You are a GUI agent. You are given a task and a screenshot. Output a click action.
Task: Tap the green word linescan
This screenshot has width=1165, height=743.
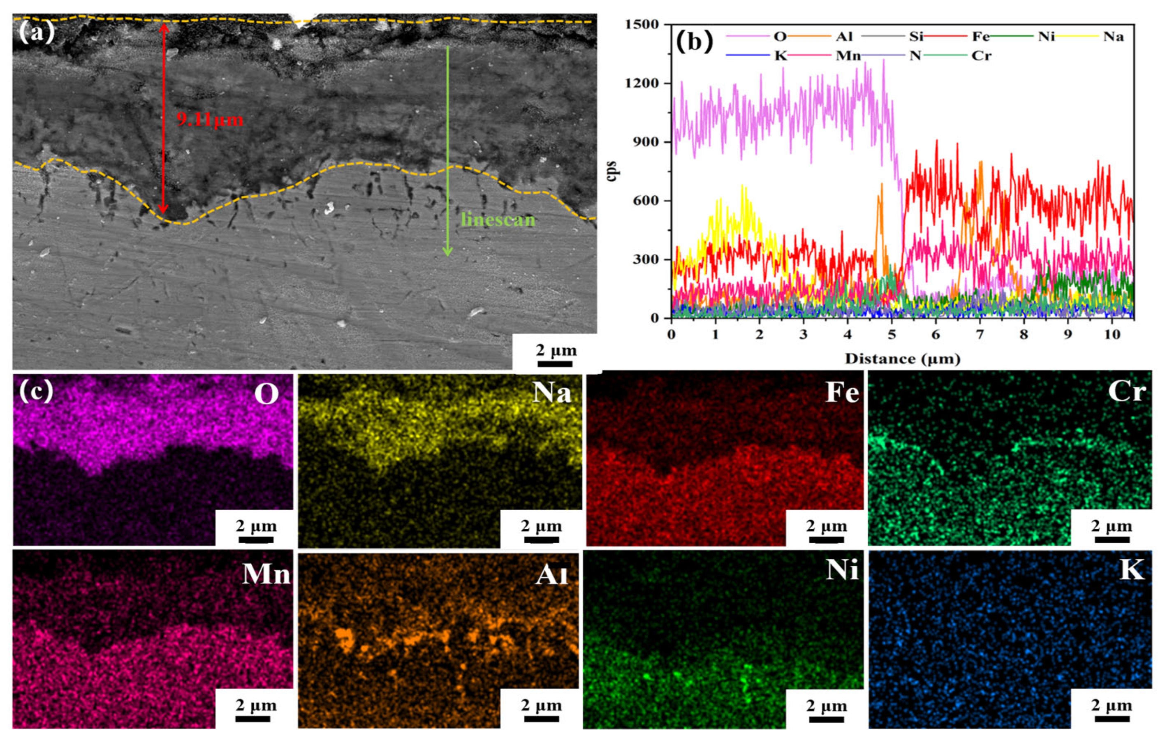tap(498, 220)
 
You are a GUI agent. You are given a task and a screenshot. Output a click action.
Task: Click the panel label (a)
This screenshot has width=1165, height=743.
tap(36, 33)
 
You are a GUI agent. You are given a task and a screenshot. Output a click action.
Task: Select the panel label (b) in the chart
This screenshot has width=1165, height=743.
tap(694, 42)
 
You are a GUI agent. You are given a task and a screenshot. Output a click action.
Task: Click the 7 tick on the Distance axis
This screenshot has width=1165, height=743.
tap(980, 335)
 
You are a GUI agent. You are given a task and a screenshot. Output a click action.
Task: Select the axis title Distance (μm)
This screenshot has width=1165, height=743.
tap(902, 359)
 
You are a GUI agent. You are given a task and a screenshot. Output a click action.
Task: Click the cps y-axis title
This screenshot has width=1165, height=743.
tap(611, 171)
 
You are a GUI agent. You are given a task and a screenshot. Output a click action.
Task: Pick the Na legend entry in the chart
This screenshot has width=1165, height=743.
tap(1113, 37)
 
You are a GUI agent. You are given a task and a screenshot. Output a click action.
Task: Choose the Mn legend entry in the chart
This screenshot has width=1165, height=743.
tap(848, 56)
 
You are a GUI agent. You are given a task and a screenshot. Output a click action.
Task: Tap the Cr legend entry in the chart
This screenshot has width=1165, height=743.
tap(981, 56)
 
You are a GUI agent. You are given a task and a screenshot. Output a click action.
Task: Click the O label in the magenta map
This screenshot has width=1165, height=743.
tap(266, 395)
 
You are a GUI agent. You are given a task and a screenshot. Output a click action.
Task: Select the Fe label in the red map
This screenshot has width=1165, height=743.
tap(842, 393)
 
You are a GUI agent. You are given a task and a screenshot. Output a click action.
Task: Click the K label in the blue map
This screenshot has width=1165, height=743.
tap(1132, 571)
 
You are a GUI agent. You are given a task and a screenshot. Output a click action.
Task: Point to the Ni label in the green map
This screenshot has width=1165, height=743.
tap(842, 571)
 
